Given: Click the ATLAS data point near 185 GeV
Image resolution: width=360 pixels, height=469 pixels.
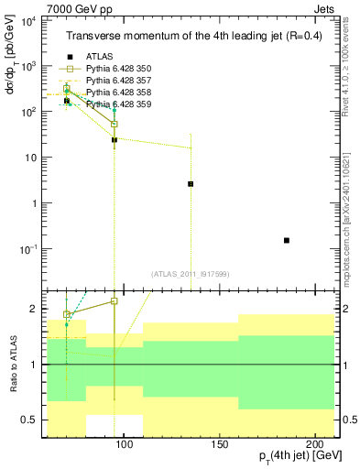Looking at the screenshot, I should click(x=287, y=240).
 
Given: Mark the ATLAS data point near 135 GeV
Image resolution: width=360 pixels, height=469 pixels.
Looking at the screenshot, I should click(x=191, y=184).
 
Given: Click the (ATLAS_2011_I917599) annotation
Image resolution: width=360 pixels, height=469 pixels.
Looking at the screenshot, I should click(x=191, y=273).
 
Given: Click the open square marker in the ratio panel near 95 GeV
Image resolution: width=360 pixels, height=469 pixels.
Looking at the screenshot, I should click(x=115, y=300).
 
